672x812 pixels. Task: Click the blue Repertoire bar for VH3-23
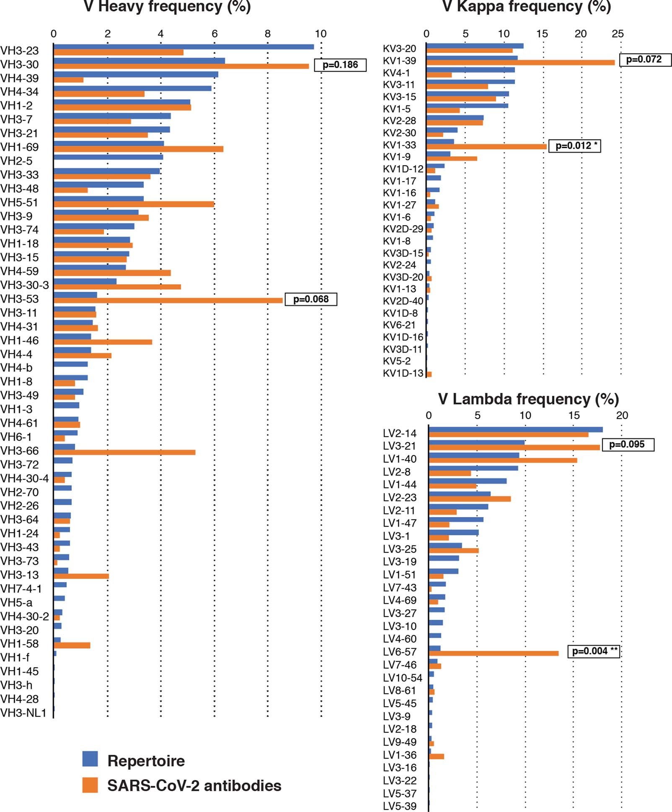[x=184, y=47]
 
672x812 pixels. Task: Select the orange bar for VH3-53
[x=168, y=301]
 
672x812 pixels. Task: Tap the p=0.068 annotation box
[x=311, y=299]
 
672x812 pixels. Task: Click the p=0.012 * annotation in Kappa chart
[x=574, y=146]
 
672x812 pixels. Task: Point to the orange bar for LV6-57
[x=493, y=653]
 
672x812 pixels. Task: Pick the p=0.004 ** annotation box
[x=593, y=651]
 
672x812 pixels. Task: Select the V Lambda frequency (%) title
[x=528, y=399]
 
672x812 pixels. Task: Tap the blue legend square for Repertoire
[x=90, y=759]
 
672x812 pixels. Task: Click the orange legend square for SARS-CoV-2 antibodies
[x=90, y=785]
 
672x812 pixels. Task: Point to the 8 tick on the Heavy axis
[x=268, y=34]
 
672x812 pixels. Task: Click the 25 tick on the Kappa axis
[x=618, y=34]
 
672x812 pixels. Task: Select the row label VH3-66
[x=20, y=451]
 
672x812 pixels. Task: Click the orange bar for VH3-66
[x=124, y=453]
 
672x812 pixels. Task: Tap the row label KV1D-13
[x=403, y=373]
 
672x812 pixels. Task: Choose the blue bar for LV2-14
[x=515, y=429]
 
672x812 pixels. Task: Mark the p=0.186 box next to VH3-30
[x=340, y=65]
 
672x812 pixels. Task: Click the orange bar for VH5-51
[x=134, y=204]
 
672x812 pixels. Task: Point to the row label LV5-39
[x=400, y=806]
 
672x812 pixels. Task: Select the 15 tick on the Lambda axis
[x=574, y=416]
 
